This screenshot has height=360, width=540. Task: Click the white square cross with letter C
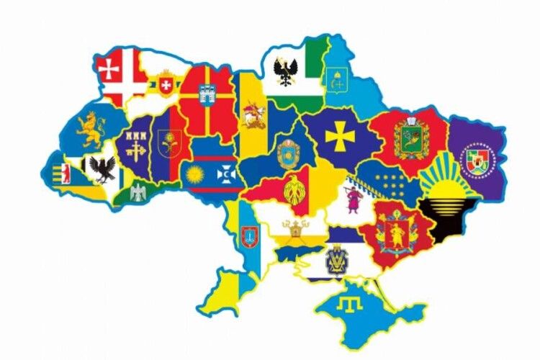pyautogui.click(x=225, y=174)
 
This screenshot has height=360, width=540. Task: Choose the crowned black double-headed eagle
pyautogui.click(x=286, y=71)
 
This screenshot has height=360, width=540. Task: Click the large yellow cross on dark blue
pyautogui.click(x=336, y=135)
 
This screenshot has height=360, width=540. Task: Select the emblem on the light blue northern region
pyautogui.click(x=335, y=78)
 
